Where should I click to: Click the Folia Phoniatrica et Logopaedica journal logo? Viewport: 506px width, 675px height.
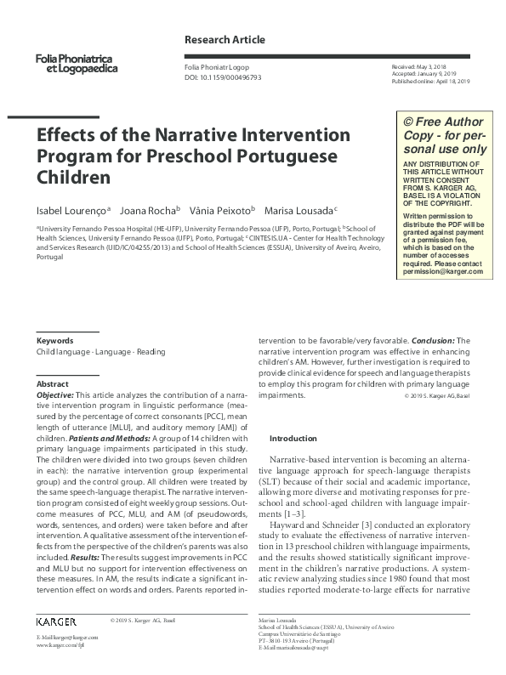click(x=77, y=62)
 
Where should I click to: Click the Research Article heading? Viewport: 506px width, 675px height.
click(x=225, y=40)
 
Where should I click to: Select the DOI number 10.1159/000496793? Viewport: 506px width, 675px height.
click(x=234, y=77)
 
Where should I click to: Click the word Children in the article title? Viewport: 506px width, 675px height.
click(x=73, y=179)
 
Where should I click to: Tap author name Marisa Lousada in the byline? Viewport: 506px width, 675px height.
click(x=298, y=210)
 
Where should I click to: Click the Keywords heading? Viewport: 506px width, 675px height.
click(x=54, y=340)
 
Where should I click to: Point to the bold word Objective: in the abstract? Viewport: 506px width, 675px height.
click(x=55, y=395)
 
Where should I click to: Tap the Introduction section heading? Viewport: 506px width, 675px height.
click(x=293, y=438)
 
